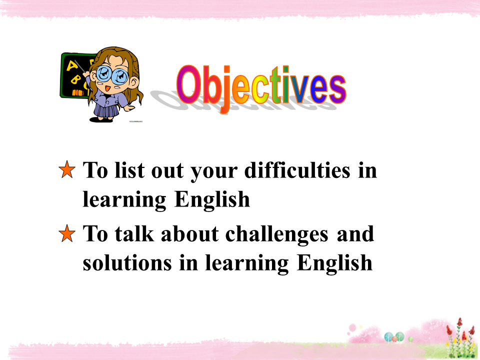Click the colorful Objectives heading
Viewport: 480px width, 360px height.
(x=261, y=86)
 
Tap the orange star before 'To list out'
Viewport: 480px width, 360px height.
(x=67, y=169)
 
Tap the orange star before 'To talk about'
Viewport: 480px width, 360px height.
(x=67, y=233)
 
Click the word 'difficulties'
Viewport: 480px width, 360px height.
(x=297, y=170)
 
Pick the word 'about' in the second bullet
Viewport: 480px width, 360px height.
(x=190, y=233)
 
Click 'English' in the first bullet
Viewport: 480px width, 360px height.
(x=212, y=200)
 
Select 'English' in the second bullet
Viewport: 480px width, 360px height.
(x=334, y=263)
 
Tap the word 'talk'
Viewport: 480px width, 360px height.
(x=134, y=233)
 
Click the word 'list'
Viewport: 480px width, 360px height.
(x=129, y=170)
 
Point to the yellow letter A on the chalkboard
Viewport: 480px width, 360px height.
(x=72, y=65)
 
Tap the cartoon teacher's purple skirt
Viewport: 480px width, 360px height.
(x=106, y=111)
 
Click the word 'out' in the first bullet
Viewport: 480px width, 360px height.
(x=167, y=171)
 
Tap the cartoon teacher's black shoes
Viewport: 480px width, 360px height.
(x=101, y=119)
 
